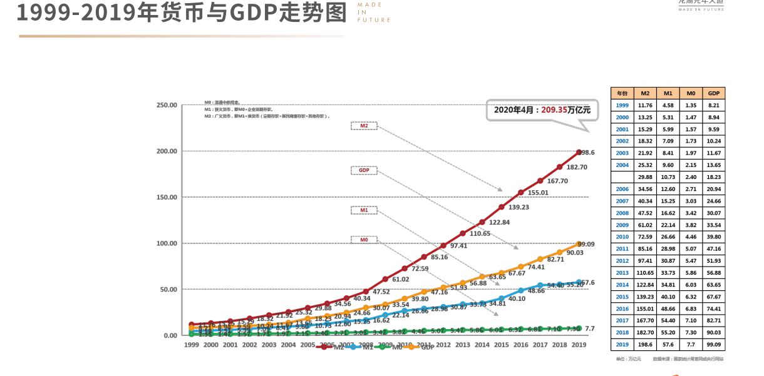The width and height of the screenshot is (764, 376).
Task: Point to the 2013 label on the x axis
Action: click(463, 345)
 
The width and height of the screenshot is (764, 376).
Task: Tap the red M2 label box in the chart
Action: click(364, 126)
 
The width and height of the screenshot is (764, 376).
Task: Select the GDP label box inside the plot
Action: click(364, 170)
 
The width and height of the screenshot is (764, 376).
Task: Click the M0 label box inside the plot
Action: click(364, 240)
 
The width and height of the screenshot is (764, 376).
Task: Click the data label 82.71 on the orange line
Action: click(555, 259)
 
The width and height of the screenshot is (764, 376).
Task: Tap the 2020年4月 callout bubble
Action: click(542, 109)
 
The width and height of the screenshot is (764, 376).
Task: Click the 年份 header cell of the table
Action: click(622, 93)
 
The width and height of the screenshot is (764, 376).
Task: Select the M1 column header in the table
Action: click(668, 93)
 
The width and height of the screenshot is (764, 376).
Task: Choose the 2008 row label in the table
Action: click(622, 213)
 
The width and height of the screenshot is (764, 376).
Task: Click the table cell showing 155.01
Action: click(645, 308)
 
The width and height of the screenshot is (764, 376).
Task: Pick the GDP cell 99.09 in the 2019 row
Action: click(713, 344)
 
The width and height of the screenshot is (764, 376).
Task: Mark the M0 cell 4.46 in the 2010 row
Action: click(691, 237)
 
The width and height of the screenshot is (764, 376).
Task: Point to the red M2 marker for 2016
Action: click(521, 193)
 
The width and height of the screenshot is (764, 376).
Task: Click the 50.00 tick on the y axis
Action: click(168, 290)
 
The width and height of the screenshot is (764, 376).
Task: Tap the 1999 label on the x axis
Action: click(192, 345)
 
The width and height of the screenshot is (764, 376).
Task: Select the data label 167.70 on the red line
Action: click(557, 181)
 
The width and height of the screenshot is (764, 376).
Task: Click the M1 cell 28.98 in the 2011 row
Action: click(668, 249)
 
